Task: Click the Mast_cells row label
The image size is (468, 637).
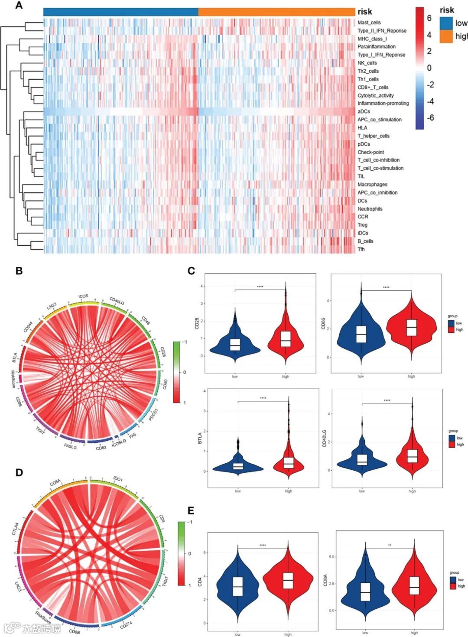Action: point(369,23)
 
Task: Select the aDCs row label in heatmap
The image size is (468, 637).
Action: point(364,111)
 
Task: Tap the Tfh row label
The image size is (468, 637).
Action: point(361,249)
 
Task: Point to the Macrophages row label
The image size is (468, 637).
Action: point(372,185)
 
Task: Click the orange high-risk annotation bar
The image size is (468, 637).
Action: point(276,12)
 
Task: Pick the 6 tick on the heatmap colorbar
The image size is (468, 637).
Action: point(429,18)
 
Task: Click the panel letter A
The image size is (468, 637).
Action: point(19,6)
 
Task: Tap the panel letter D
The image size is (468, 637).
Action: point(19,472)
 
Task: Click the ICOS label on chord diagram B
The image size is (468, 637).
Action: point(83,296)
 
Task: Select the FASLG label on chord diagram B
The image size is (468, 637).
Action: point(70,446)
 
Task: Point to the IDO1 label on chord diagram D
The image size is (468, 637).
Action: point(118,479)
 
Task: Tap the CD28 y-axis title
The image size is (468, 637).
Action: point(197,323)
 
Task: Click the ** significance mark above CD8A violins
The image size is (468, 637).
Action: point(390,545)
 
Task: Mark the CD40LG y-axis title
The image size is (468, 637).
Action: point(324,438)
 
